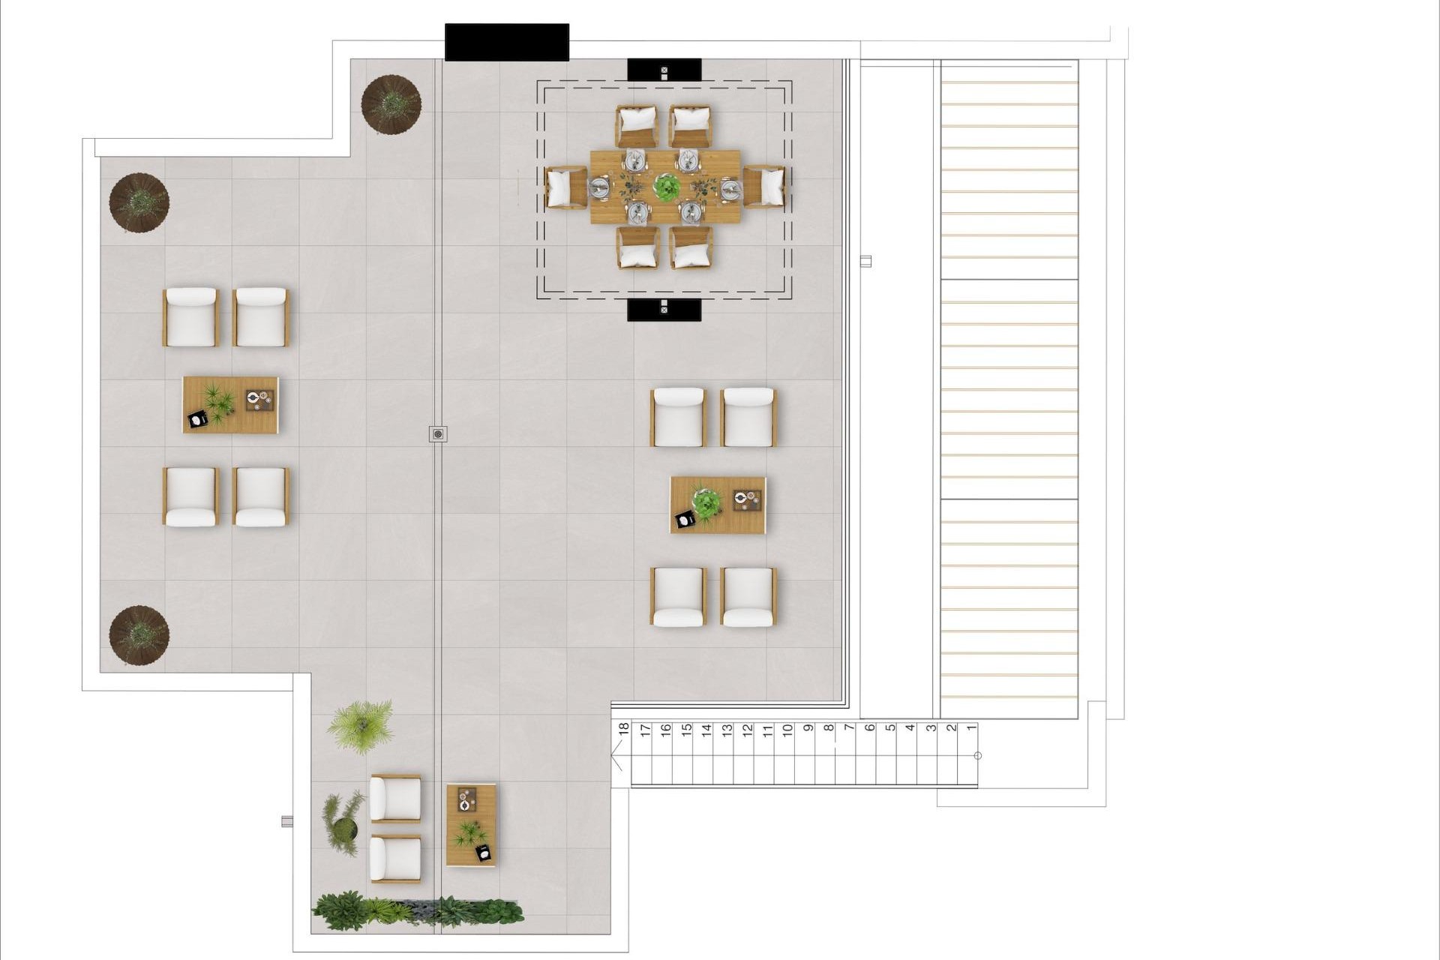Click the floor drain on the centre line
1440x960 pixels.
439,433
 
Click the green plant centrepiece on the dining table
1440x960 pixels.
666,187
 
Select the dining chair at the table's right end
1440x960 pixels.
765,187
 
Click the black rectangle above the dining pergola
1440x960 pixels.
664,70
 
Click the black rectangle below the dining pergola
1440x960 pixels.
664,309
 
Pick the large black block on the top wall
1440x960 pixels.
507,42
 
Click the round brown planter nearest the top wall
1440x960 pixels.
391,103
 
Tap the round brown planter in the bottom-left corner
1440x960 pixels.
139,635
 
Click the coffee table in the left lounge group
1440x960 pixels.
230,404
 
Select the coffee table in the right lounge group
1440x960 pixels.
718,505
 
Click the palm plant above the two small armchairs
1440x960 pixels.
361,725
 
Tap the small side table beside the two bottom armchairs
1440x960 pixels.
471,825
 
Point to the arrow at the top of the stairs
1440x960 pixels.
617,755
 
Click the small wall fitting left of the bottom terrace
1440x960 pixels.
286,821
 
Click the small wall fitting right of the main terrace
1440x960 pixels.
865,261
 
